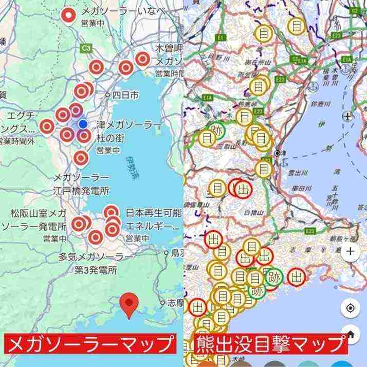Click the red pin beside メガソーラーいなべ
tap(67, 15)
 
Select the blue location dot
tap(83, 123)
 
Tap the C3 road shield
tap(85, 48)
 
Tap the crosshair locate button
tap(350, 308)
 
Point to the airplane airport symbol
tap(348, 115)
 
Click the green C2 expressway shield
tap(355, 10)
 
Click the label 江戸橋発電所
tap(82, 191)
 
